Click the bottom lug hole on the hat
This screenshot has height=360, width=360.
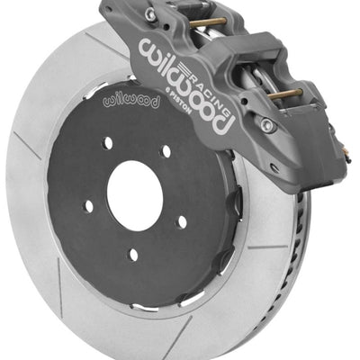pyautogui.click(x=133, y=255)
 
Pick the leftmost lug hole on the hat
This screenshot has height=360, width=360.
pyautogui.click(x=89, y=206)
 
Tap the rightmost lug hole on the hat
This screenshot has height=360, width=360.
pyautogui.click(x=182, y=220)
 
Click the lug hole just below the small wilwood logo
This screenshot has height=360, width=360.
pyautogui.click(x=108, y=142)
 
